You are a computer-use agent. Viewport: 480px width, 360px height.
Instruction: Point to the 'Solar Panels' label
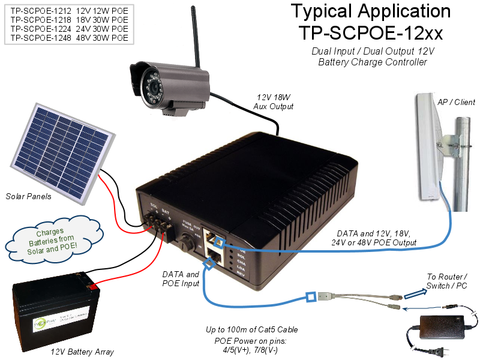[29, 197]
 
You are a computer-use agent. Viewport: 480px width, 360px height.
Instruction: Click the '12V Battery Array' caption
[82, 352]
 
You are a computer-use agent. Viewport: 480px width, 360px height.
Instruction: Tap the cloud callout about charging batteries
[50, 240]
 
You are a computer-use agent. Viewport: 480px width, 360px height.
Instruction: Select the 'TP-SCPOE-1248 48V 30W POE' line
[69, 38]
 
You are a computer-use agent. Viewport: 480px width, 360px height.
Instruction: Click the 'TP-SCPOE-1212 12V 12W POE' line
[69, 11]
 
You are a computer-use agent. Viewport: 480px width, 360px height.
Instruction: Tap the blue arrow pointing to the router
[420, 292]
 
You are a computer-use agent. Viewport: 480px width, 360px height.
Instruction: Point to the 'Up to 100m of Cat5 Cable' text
[252, 330]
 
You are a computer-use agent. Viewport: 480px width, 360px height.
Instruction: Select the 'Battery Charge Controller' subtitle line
[373, 62]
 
